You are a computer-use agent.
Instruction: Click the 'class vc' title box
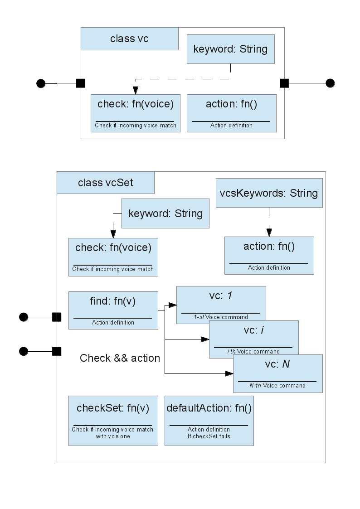(x=130, y=39)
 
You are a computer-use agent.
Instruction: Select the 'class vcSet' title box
(x=106, y=183)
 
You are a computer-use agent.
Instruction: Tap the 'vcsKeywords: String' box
(x=269, y=193)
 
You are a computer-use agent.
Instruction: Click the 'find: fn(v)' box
(x=113, y=310)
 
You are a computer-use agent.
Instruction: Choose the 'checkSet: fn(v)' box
(x=113, y=421)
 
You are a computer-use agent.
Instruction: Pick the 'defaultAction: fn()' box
(x=209, y=421)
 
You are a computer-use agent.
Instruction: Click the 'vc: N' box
(x=278, y=373)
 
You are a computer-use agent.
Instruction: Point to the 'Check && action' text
(x=120, y=358)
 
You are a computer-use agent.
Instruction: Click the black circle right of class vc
(x=330, y=83)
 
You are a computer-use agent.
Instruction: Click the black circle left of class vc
(x=41, y=83)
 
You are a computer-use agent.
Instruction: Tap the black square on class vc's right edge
(x=285, y=83)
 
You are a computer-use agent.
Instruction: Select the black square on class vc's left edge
(x=81, y=83)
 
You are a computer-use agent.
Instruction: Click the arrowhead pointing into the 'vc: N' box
(x=229, y=373)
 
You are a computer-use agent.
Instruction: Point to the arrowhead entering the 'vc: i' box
(x=205, y=339)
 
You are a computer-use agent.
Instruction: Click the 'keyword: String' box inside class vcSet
(x=165, y=213)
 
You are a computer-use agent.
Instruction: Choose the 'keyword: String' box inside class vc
(x=230, y=49)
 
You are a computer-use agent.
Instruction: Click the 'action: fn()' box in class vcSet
(x=269, y=256)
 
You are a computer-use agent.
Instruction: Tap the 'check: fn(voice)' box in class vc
(x=136, y=113)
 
